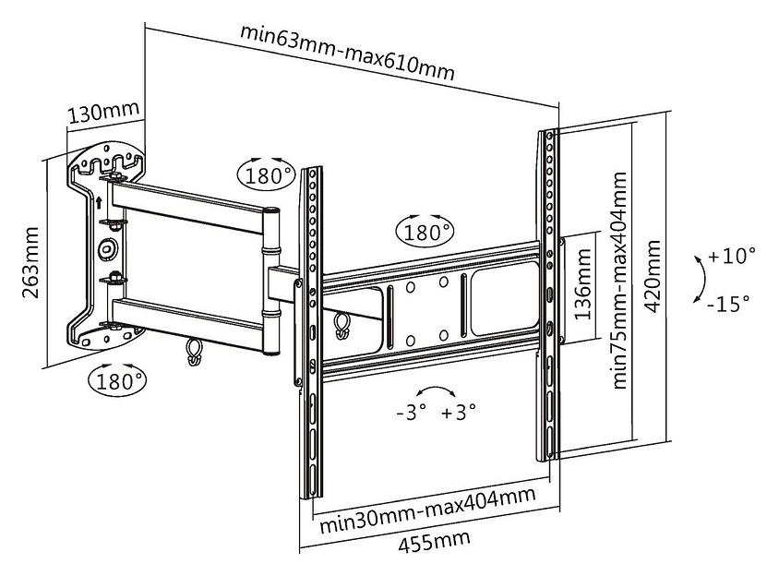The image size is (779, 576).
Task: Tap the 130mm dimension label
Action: (x=103, y=113)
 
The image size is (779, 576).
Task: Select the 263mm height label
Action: (x=30, y=262)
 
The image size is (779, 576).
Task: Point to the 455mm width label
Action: (x=434, y=541)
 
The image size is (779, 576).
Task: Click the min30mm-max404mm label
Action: (x=427, y=509)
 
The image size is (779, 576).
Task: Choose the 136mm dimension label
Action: (x=582, y=284)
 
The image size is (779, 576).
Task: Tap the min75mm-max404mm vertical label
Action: (x=619, y=281)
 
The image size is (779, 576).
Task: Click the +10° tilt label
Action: (x=732, y=256)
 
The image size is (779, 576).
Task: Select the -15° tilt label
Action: (x=728, y=303)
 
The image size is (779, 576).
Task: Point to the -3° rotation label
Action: (x=412, y=412)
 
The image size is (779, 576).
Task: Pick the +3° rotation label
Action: (x=459, y=412)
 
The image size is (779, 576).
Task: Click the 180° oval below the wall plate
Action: (x=118, y=380)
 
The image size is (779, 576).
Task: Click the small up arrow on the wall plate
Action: (x=99, y=202)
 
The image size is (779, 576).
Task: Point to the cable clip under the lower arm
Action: (x=194, y=352)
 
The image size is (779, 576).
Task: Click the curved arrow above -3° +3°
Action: (x=436, y=389)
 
